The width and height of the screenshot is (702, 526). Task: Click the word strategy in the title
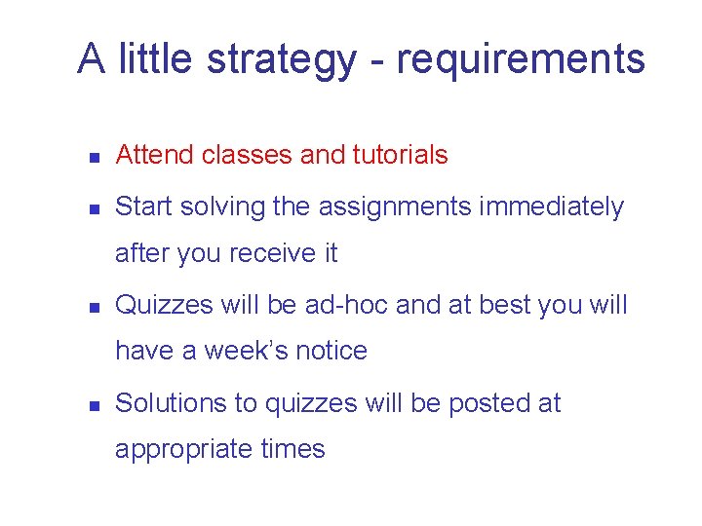pos(282,59)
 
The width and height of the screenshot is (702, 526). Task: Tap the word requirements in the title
pos(521,59)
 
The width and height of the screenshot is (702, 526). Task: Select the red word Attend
pos(156,155)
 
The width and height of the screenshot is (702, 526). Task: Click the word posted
pos(483,403)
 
